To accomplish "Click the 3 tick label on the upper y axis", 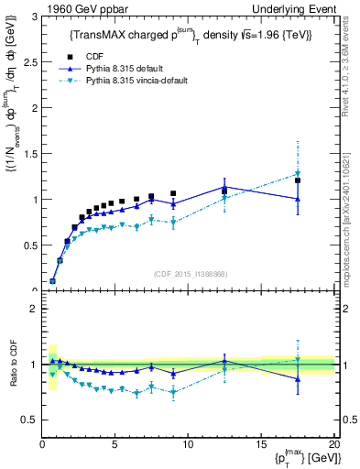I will pyautogui.click(x=32, y=16).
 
